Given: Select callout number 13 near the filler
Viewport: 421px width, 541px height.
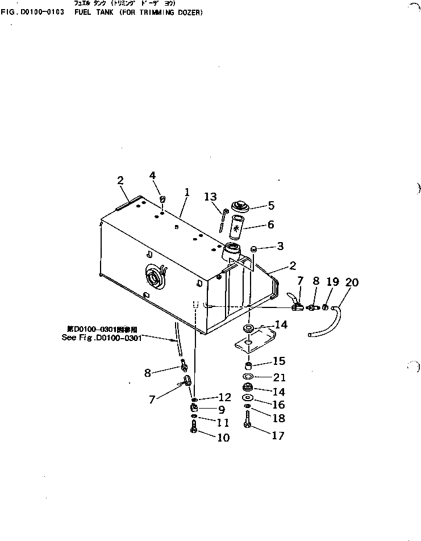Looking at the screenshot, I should point(211,197).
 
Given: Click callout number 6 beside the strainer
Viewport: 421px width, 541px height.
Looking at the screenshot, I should point(270,224).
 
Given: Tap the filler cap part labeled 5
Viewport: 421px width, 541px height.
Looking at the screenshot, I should point(241,207).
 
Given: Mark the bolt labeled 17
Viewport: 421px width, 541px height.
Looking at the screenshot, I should point(247,425).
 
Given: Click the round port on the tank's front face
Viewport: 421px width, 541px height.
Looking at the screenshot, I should point(154,277).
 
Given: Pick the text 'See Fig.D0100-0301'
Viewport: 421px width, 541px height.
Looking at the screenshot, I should point(101,337).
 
